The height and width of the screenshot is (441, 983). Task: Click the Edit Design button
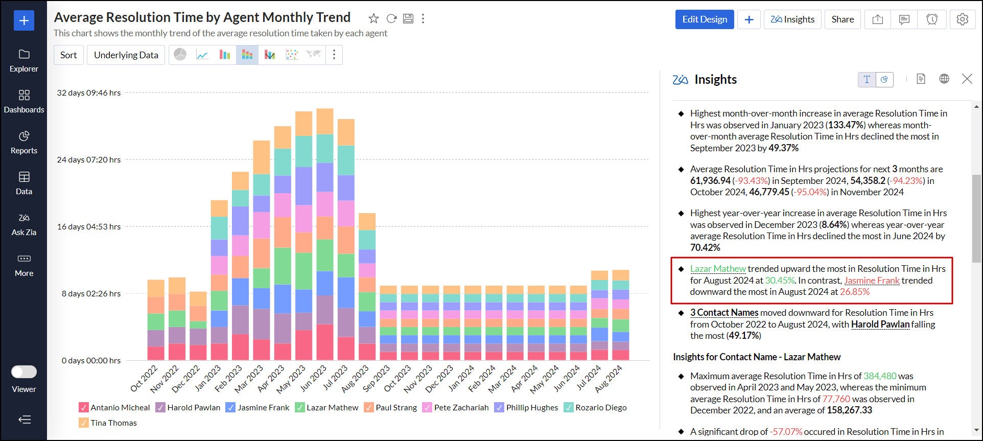[x=704, y=19]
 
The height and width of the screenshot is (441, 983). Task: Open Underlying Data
[x=126, y=55]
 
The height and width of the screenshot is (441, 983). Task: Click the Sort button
[x=68, y=55]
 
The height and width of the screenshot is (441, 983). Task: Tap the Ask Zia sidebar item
[x=24, y=224]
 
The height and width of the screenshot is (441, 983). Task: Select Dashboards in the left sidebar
[x=24, y=102]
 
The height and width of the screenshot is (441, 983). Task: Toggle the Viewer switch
[x=24, y=372]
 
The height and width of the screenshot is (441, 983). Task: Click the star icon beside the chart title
[x=373, y=19]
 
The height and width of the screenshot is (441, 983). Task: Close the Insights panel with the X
[x=967, y=79]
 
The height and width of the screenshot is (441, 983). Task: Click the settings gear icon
[x=962, y=19]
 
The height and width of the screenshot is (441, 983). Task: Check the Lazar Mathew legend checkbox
[x=300, y=407]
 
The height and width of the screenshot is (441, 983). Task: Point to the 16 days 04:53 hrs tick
[x=89, y=226]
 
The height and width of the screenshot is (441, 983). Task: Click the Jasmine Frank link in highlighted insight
[x=872, y=281]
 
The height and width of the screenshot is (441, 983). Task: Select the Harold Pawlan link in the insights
[x=880, y=324]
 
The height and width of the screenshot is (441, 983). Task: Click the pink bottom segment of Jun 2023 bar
[x=324, y=342]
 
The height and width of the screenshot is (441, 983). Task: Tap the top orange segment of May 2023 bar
[x=303, y=123]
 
